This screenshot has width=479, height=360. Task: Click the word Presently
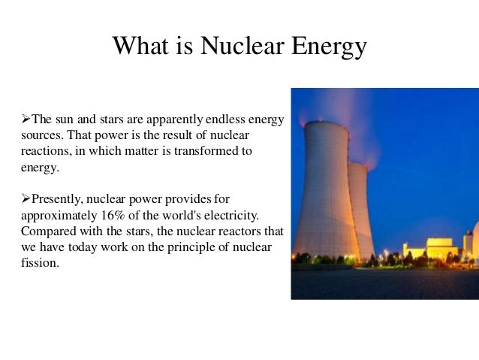(55, 199)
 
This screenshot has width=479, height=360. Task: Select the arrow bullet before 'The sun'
(25, 119)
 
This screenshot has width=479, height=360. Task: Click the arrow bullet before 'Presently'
(25, 199)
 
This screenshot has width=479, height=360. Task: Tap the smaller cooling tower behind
(361, 210)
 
